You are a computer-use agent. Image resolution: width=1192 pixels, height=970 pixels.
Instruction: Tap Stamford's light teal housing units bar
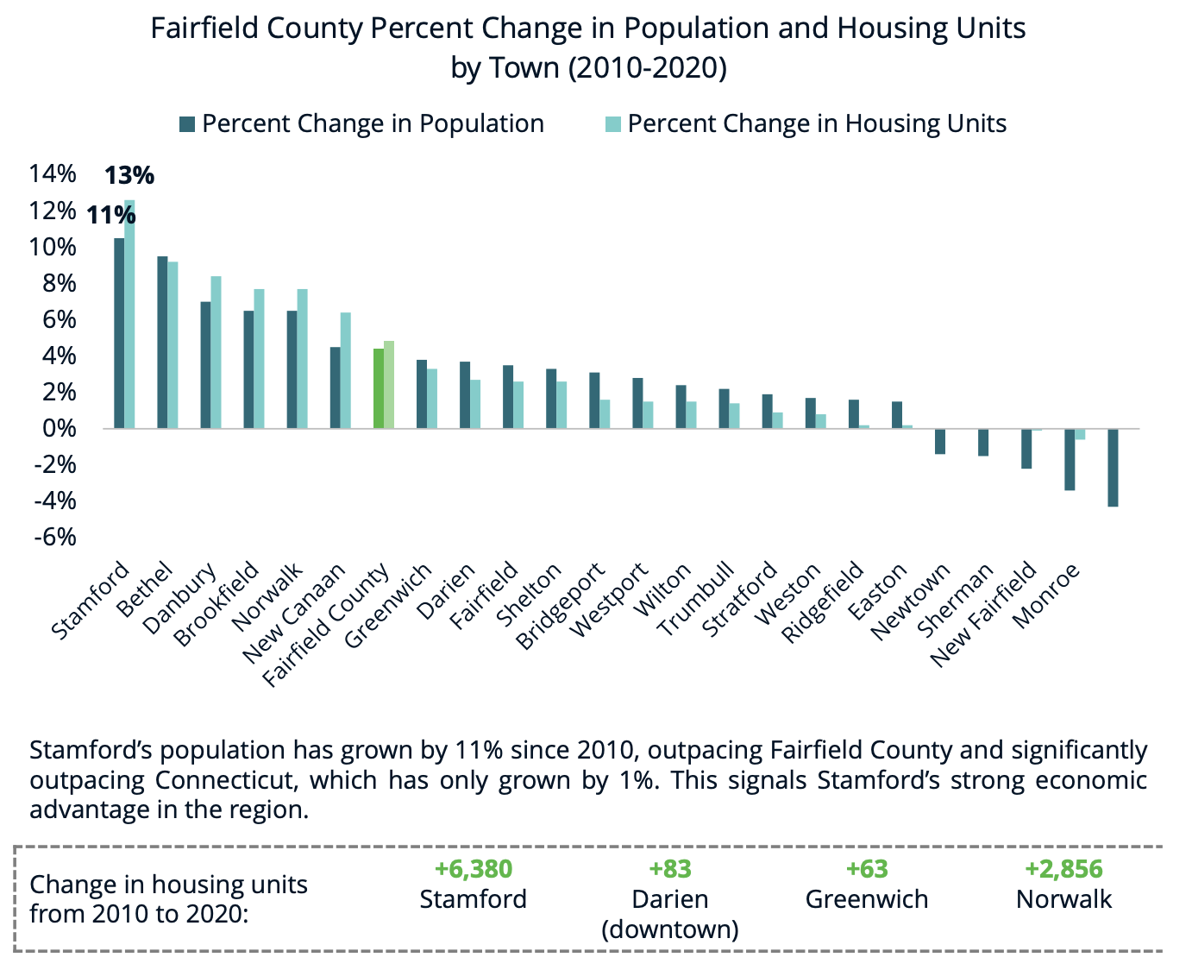[x=130, y=315]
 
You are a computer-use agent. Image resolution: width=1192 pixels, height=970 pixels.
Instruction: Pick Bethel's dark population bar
[x=162, y=342]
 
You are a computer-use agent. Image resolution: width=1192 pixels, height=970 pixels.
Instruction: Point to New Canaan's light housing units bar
[x=346, y=370]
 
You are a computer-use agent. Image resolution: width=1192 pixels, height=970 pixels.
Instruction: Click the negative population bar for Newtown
[x=940, y=441]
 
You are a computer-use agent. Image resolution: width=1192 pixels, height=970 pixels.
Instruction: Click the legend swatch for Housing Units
[x=613, y=124]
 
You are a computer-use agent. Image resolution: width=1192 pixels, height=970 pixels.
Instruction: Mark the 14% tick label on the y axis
[x=53, y=174]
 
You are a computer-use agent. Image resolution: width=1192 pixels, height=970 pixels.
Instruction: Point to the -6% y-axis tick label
[x=53, y=538]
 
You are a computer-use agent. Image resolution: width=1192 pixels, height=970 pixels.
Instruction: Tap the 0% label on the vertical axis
[x=59, y=429]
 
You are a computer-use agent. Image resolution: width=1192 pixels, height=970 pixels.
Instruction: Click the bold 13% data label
[x=129, y=176]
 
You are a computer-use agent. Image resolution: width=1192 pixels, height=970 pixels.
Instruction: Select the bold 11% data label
[x=110, y=215]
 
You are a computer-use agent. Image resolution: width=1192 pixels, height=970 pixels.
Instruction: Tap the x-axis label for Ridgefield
[x=821, y=602]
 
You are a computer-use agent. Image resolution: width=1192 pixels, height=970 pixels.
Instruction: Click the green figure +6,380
[x=474, y=869]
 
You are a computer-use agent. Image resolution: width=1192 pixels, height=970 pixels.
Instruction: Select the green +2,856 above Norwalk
[x=1063, y=869]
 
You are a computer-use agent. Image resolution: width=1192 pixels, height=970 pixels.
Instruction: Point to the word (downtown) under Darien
[x=670, y=929]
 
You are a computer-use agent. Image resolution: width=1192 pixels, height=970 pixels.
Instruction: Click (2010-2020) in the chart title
[x=647, y=67]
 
